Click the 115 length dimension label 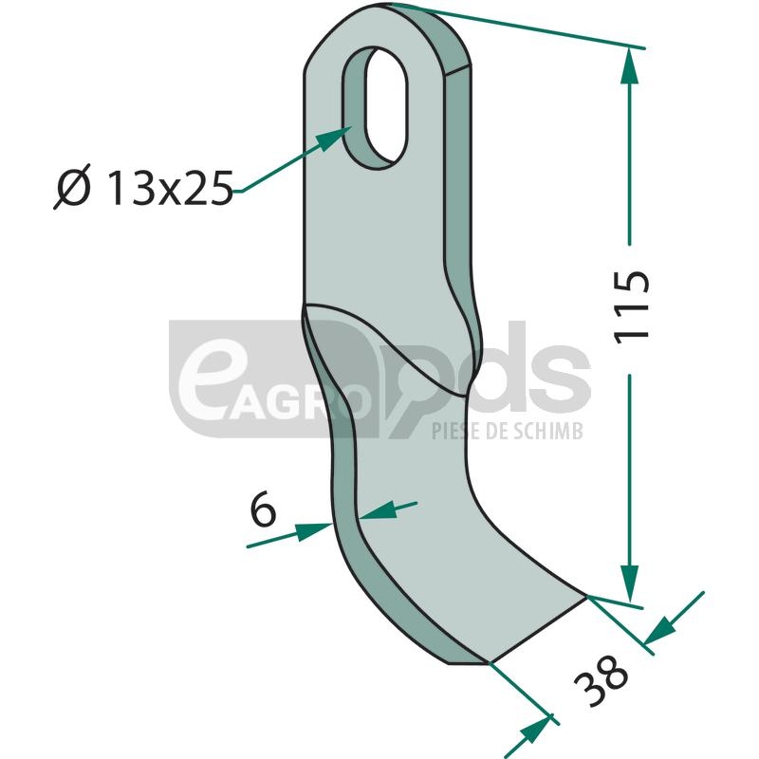(632, 306)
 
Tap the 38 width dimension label (602, 680)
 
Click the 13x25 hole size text (171, 188)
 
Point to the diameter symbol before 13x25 (73, 187)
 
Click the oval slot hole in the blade (376, 107)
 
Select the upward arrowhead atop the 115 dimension (629, 65)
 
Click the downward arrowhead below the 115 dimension (629, 583)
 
